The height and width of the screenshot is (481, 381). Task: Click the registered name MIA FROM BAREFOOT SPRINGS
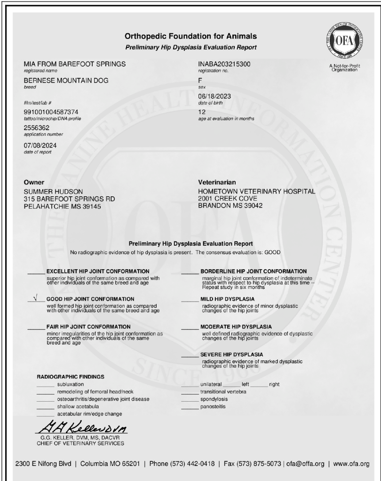click(75, 63)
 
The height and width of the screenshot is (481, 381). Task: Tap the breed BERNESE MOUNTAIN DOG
click(66, 81)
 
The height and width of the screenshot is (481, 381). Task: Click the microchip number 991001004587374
click(51, 112)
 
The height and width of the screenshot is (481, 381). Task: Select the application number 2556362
click(36, 128)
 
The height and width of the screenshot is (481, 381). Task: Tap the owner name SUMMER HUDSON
click(53, 192)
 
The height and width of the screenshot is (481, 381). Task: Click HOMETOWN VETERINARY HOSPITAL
click(257, 192)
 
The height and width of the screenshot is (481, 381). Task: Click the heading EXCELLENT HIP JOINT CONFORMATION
click(98, 272)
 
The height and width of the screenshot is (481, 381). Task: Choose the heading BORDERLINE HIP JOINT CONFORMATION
click(254, 272)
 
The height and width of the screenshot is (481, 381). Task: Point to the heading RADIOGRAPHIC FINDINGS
click(71, 377)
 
